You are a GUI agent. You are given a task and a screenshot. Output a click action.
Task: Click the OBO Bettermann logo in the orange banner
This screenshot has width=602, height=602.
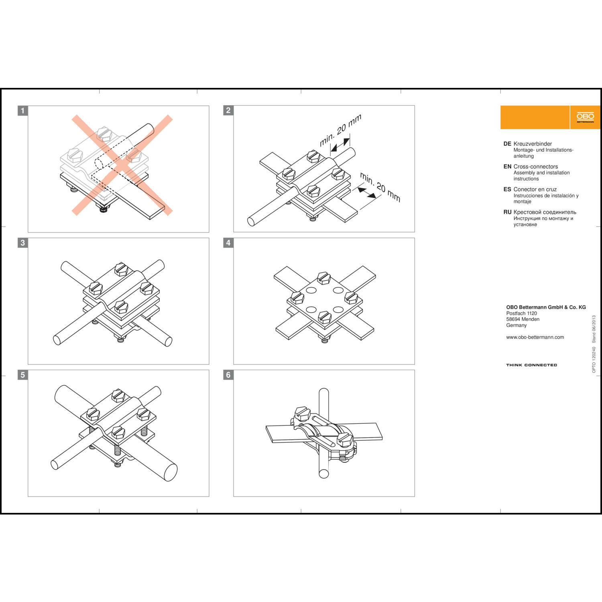coord(585,117)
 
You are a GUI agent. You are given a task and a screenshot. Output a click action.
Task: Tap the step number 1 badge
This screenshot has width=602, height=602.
coord(23,111)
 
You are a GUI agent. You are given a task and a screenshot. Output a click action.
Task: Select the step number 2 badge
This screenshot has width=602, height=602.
coord(228,110)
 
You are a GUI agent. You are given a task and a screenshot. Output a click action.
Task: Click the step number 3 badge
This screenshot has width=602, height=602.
coord(23,243)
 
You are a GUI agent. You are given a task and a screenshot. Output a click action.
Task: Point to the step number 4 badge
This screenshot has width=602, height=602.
coord(228,243)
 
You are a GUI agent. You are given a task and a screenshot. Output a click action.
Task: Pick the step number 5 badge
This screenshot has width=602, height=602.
coord(23,375)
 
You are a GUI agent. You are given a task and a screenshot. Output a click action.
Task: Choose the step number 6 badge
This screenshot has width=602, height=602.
coord(228,375)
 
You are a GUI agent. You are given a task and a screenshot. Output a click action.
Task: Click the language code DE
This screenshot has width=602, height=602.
coord(507,144)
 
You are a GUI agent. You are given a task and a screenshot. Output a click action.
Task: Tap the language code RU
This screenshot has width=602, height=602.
coord(507,212)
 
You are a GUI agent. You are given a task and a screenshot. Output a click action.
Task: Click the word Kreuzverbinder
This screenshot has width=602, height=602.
coord(533,144)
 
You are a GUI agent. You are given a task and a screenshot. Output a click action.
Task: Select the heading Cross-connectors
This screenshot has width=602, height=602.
coord(535,167)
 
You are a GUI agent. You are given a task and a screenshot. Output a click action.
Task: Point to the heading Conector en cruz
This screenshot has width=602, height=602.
coord(535,189)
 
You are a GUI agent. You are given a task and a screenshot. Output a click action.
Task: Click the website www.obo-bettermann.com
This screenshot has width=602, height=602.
coord(535,337)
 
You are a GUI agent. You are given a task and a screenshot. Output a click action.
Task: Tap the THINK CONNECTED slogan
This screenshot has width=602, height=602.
coord(531,365)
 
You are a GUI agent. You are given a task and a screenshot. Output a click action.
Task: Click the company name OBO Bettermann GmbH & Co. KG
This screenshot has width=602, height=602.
coord(546,307)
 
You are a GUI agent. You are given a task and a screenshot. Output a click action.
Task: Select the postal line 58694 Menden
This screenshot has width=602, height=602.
coord(523,319)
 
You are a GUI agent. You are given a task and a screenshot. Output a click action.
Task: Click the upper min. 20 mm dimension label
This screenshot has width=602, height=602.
coord(340,130)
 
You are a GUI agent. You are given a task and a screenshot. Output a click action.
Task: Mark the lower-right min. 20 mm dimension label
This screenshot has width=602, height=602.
coord(380,187)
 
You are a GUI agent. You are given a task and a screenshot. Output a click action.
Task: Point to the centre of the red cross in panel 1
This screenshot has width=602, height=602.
coord(122,165)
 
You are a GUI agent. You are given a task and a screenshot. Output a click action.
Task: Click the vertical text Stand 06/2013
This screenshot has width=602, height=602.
coord(594,329)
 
